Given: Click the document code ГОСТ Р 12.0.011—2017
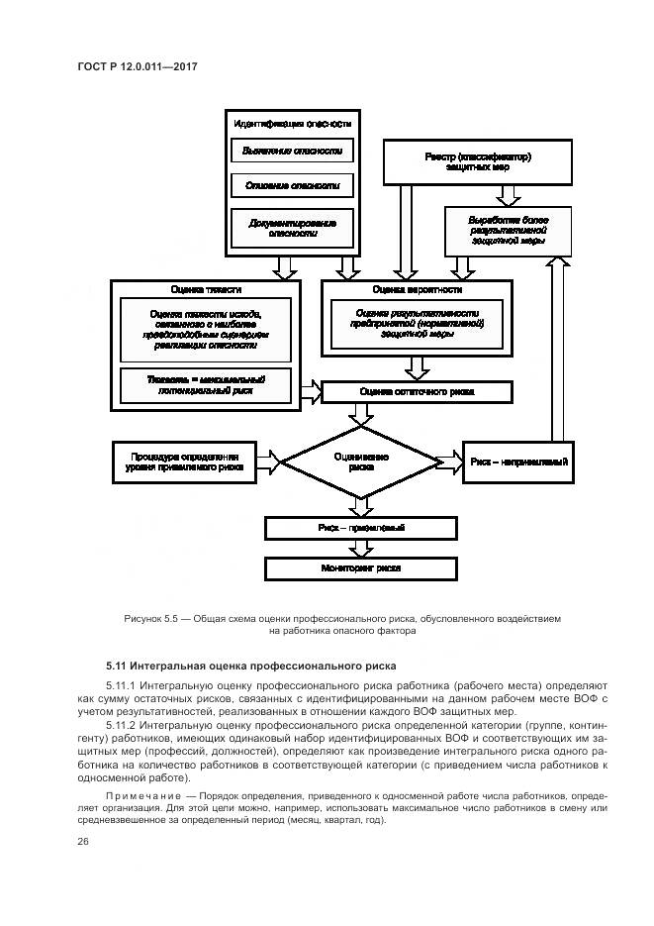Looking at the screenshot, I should [139, 67].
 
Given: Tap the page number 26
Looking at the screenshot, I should [82, 841].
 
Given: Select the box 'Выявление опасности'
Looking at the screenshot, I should [292, 151].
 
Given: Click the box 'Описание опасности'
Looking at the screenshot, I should [292, 185].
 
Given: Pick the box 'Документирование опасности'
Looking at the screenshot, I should [292, 229].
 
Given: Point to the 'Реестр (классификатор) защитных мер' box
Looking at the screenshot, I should [478, 162].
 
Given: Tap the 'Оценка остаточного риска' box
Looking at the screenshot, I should [417, 392].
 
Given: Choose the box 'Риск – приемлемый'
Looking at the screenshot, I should [361, 528].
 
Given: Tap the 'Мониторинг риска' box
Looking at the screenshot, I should [361, 568].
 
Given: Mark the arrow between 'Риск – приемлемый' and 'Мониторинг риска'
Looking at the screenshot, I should [361, 548].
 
